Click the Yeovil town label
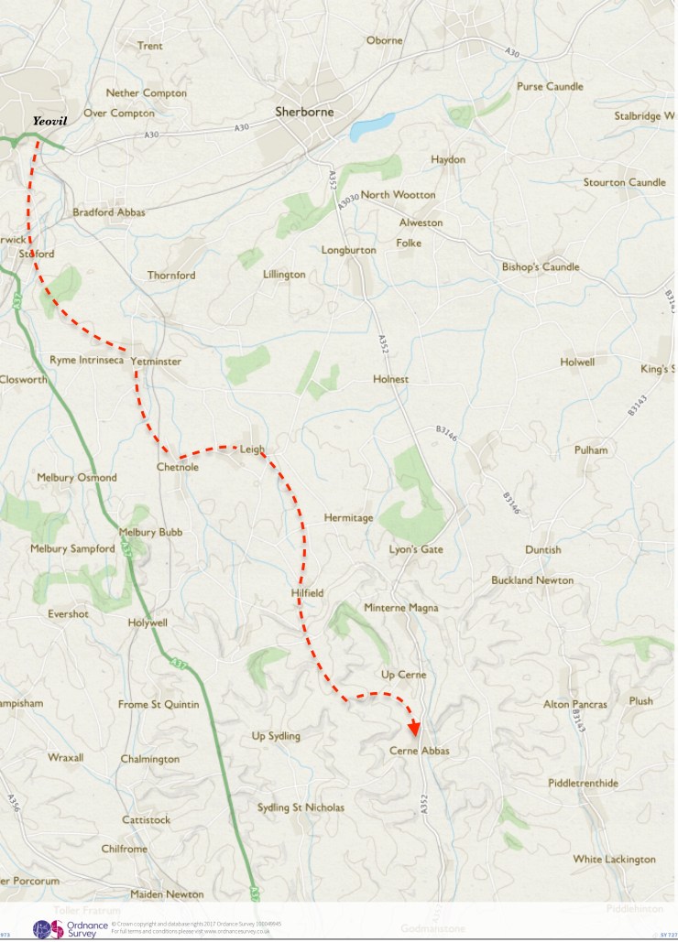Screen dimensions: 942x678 pyautogui.click(x=50, y=121)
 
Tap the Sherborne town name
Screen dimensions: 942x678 pyautogui.click(x=304, y=113)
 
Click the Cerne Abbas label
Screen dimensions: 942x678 pyautogui.click(x=420, y=751)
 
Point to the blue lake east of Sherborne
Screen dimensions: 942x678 pyautogui.click(x=372, y=125)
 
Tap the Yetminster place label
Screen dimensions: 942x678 pyautogui.click(x=156, y=362)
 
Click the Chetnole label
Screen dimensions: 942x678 pyautogui.click(x=178, y=467)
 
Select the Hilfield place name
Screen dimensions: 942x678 pyautogui.click(x=307, y=593)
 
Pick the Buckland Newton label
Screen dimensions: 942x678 pyautogui.click(x=532, y=580)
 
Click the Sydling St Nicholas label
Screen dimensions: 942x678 pyautogui.click(x=301, y=807)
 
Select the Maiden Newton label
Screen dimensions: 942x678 pyautogui.click(x=167, y=893)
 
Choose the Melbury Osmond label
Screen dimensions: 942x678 pyautogui.click(x=77, y=478)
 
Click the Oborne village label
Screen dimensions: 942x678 pyautogui.click(x=384, y=40)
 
